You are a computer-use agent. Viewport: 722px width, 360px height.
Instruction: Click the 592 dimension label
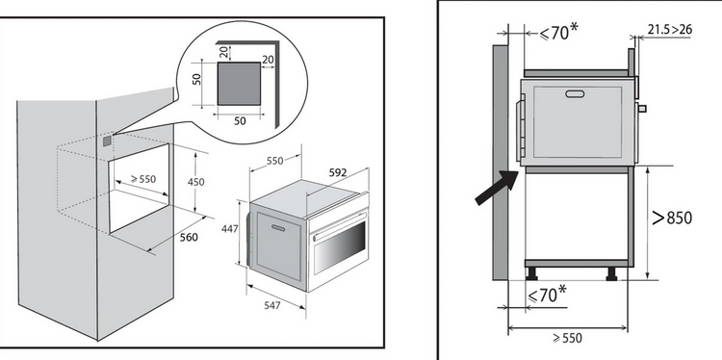click(338, 172)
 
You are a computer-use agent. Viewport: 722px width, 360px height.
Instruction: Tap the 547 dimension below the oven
click(272, 305)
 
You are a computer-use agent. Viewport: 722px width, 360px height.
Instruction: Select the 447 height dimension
click(230, 228)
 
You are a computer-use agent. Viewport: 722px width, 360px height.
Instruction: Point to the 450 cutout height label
click(195, 182)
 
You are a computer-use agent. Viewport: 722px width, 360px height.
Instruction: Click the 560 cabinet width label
click(189, 237)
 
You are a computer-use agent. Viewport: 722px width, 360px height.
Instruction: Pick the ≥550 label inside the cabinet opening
click(142, 179)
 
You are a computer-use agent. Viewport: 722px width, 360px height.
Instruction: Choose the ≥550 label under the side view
click(567, 339)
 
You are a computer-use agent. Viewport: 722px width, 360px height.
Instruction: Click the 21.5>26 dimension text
click(669, 30)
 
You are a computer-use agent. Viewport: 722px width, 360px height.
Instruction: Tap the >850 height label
click(672, 218)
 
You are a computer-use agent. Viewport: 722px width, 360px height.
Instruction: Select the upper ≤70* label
click(558, 32)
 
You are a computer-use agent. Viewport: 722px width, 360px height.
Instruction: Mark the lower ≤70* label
click(547, 295)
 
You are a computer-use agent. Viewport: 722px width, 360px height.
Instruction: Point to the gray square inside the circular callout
click(239, 84)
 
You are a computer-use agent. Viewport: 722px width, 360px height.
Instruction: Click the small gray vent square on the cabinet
click(107, 141)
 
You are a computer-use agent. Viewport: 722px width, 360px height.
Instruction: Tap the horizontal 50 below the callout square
click(240, 121)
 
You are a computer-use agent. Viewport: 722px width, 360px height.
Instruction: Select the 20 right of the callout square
click(267, 59)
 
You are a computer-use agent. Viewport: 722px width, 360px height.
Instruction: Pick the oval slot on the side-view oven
click(575, 94)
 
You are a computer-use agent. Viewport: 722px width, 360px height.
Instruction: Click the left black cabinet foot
click(531, 274)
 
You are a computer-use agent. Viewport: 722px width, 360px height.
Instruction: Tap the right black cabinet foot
click(612, 274)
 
